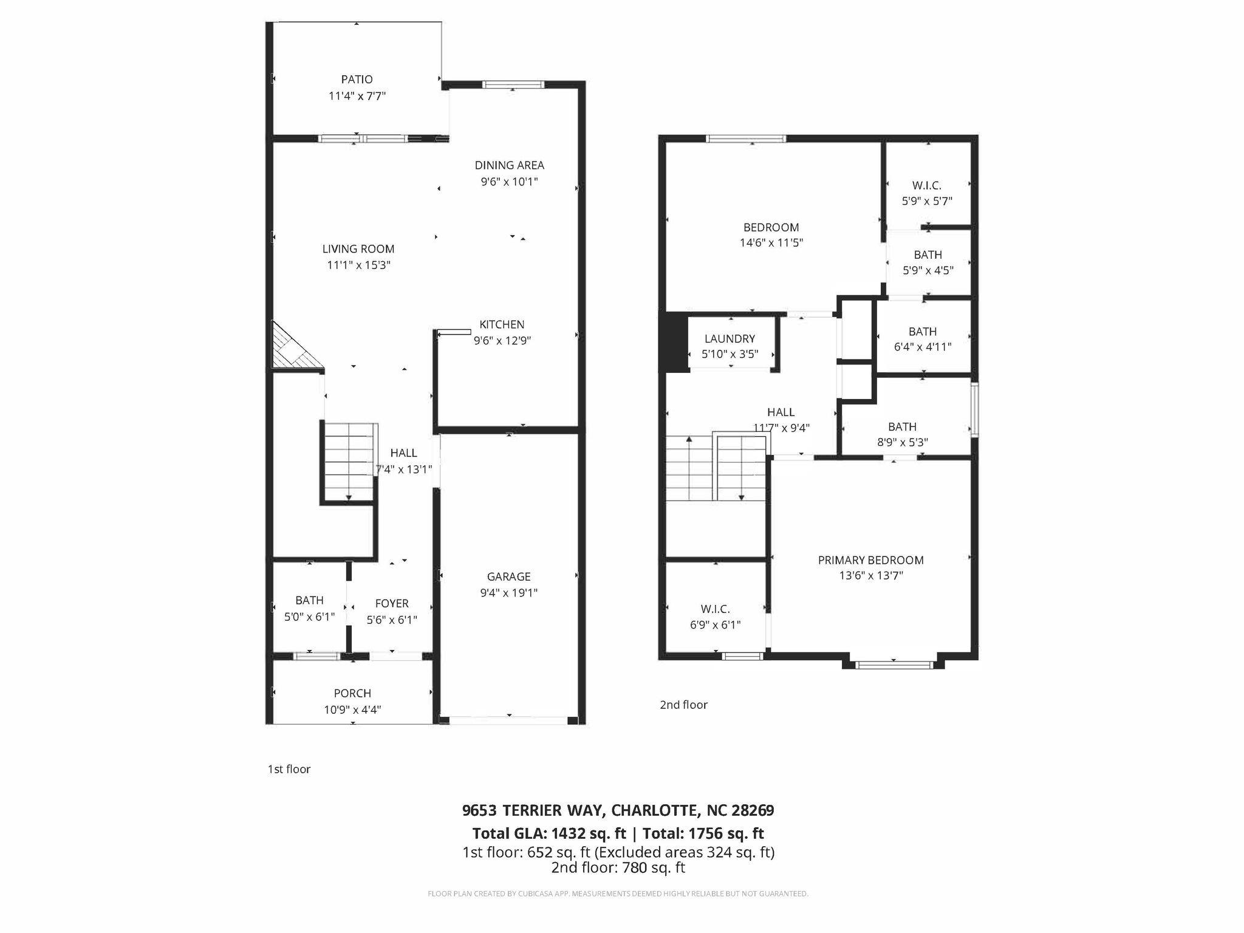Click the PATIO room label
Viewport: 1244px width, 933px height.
(x=357, y=80)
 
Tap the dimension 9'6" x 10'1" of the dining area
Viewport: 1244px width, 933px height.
(x=509, y=182)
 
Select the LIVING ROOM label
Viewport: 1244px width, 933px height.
(x=358, y=249)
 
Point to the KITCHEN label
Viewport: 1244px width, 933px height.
(x=502, y=324)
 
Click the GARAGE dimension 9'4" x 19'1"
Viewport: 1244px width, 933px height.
(x=508, y=593)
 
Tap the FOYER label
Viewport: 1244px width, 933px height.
(x=392, y=603)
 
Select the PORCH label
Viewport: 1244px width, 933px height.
(x=352, y=693)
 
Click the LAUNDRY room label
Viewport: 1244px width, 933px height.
(x=730, y=339)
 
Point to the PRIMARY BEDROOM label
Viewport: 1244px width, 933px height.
(x=870, y=560)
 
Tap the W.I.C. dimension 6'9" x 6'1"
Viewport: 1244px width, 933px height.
(x=715, y=625)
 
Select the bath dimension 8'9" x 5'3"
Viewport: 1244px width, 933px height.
(x=902, y=443)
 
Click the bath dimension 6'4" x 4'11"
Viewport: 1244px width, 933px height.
(x=922, y=347)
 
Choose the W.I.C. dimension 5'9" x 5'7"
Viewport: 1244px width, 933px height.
(x=926, y=201)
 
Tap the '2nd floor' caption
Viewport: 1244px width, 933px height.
(x=683, y=705)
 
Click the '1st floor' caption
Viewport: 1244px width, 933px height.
(x=289, y=769)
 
